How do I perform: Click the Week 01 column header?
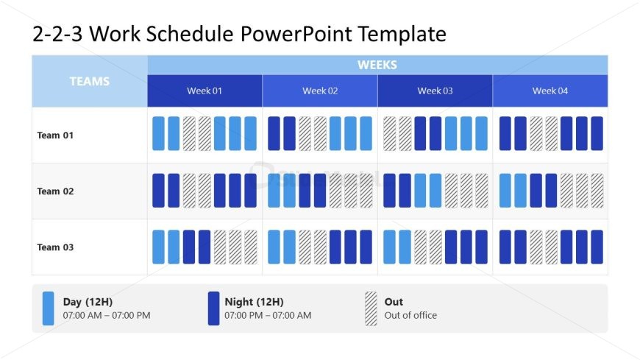pos(205,91)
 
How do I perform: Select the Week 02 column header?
pos(320,91)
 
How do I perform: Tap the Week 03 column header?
pos(435,91)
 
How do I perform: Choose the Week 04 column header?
pos(550,91)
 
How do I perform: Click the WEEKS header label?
pos(377,65)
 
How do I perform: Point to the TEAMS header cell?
pos(89,81)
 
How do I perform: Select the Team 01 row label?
pos(55,135)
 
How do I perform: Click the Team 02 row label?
pos(55,191)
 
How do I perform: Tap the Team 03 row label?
pos(55,247)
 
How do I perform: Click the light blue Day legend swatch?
pos(48,308)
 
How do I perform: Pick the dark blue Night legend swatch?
pos(213,308)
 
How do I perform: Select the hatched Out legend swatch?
pos(371,308)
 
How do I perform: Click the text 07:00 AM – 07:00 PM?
pos(107,316)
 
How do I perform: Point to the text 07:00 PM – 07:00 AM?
pos(268,316)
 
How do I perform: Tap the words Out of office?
pos(410,316)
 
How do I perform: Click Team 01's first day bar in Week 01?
pos(158,133)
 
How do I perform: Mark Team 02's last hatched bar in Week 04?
pos(597,190)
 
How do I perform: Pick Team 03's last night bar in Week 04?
pos(597,247)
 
